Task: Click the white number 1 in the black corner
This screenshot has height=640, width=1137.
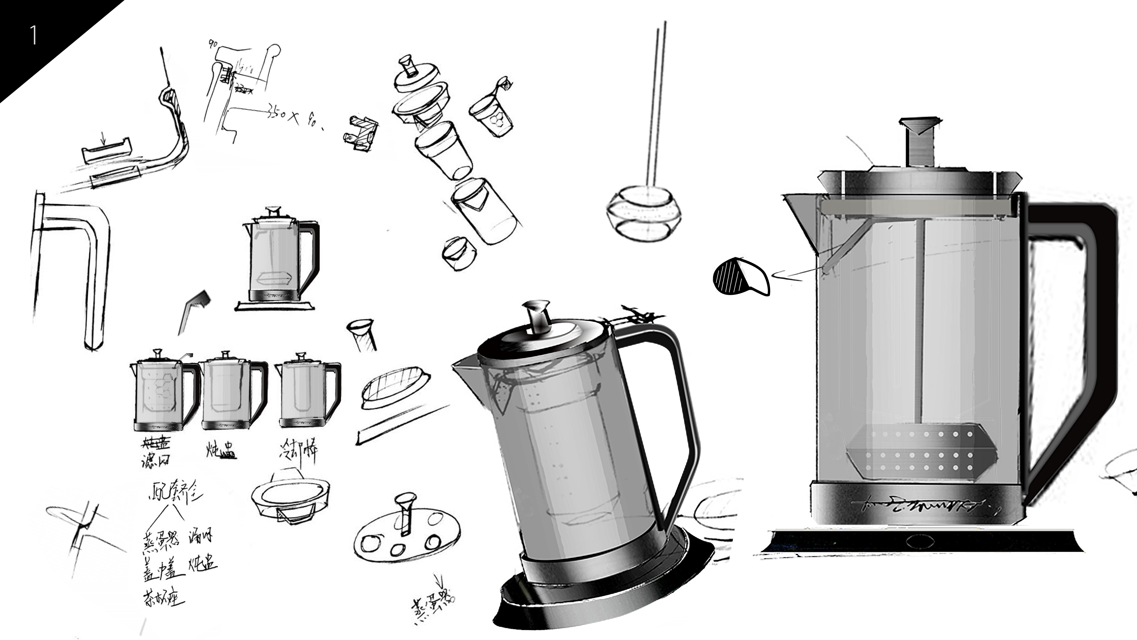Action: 33,35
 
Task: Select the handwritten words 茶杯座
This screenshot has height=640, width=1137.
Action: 163,599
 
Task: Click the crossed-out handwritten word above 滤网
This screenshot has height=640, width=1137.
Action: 155,443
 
